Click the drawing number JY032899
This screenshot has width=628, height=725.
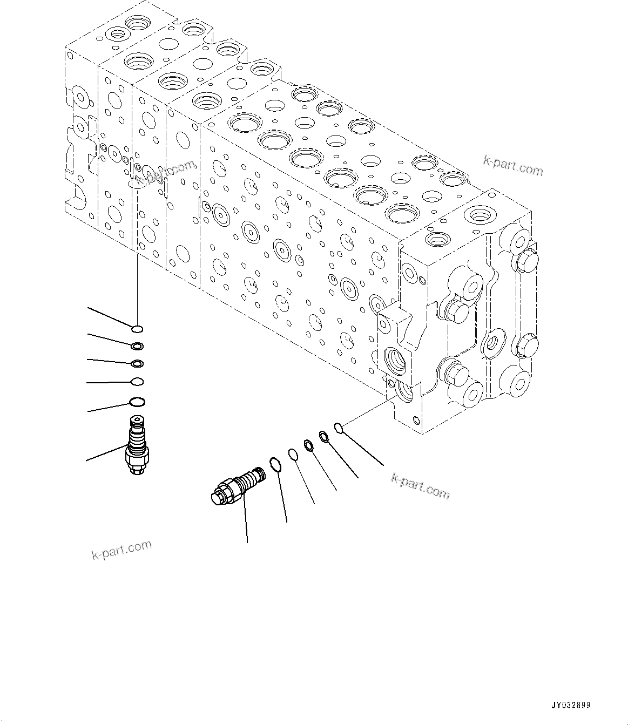point(571,705)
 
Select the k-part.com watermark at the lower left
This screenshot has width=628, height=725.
point(121,550)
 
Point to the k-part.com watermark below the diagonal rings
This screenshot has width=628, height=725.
point(420,486)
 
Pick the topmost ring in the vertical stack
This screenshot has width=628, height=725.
point(137,329)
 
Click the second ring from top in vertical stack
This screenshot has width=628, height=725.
point(137,346)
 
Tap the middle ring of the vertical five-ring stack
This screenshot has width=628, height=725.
point(137,364)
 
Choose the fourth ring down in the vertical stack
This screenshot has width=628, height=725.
point(137,382)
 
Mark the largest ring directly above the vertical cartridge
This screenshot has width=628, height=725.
point(137,402)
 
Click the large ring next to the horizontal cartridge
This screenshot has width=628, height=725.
point(275,464)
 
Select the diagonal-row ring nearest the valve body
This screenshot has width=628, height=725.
point(339,429)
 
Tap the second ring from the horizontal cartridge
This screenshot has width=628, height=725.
point(293,455)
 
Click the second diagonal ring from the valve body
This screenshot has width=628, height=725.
point(324,436)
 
